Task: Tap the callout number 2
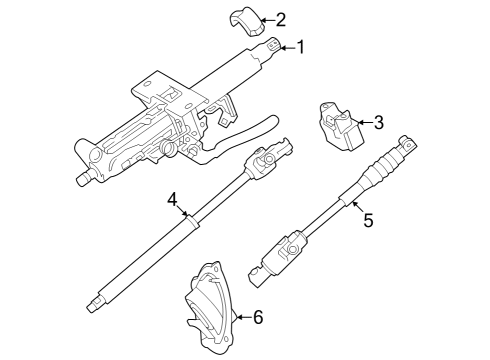(x=280, y=18)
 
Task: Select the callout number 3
(x=378, y=123)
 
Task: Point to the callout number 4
(x=173, y=199)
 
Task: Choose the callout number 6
(x=257, y=318)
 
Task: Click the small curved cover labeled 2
(x=243, y=19)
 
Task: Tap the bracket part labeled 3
(x=338, y=126)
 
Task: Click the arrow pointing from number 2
(x=264, y=18)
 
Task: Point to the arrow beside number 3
(x=363, y=123)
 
